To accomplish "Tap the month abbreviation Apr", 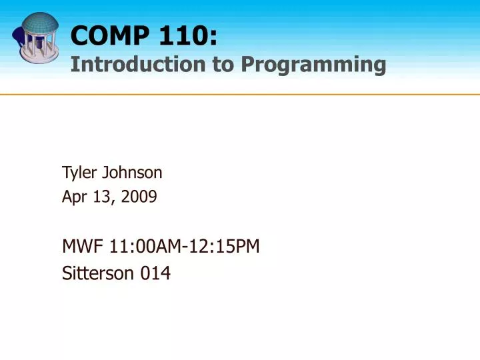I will point(73,197).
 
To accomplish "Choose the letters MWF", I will point(78,247).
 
